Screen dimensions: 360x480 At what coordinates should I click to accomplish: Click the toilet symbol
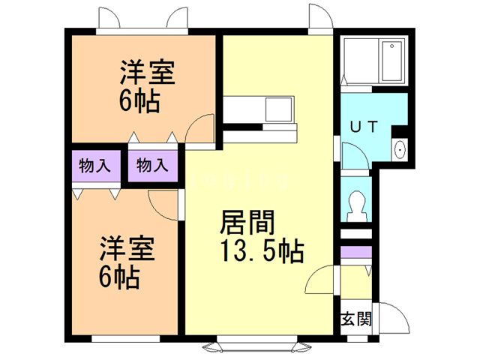click(356, 203)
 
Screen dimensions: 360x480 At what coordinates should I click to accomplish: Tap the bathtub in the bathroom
click(391, 62)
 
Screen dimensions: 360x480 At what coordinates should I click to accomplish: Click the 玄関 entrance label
click(356, 318)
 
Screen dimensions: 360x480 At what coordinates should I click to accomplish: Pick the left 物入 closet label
click(94, 166)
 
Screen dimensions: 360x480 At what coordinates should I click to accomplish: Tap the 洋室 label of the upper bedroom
click(148, 74)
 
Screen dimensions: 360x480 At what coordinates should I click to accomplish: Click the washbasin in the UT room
click(400, 148)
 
